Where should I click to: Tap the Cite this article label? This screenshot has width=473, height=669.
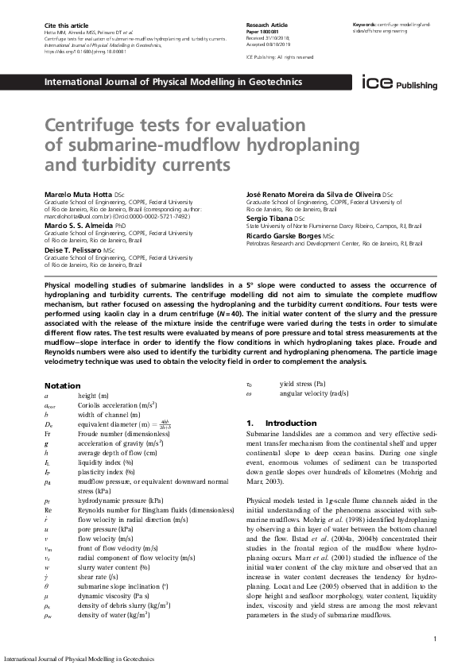click(63, 26)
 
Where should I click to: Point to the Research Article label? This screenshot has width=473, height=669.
click(268, 26)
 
